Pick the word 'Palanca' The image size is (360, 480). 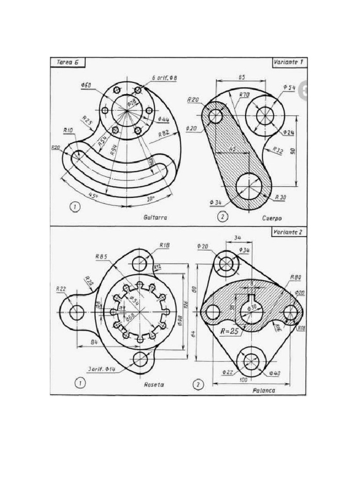coord(263,390)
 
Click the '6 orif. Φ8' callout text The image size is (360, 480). coord(164,77)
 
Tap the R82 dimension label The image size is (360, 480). coord(164,134)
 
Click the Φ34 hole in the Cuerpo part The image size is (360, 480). coord(250,186)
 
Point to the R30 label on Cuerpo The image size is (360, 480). coord(280,198)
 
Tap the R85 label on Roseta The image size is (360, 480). coord(102,256)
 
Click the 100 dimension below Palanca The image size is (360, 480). coord(243,380)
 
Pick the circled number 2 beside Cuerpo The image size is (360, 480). coord(223,217)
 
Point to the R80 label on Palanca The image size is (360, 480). coord(295,277)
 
